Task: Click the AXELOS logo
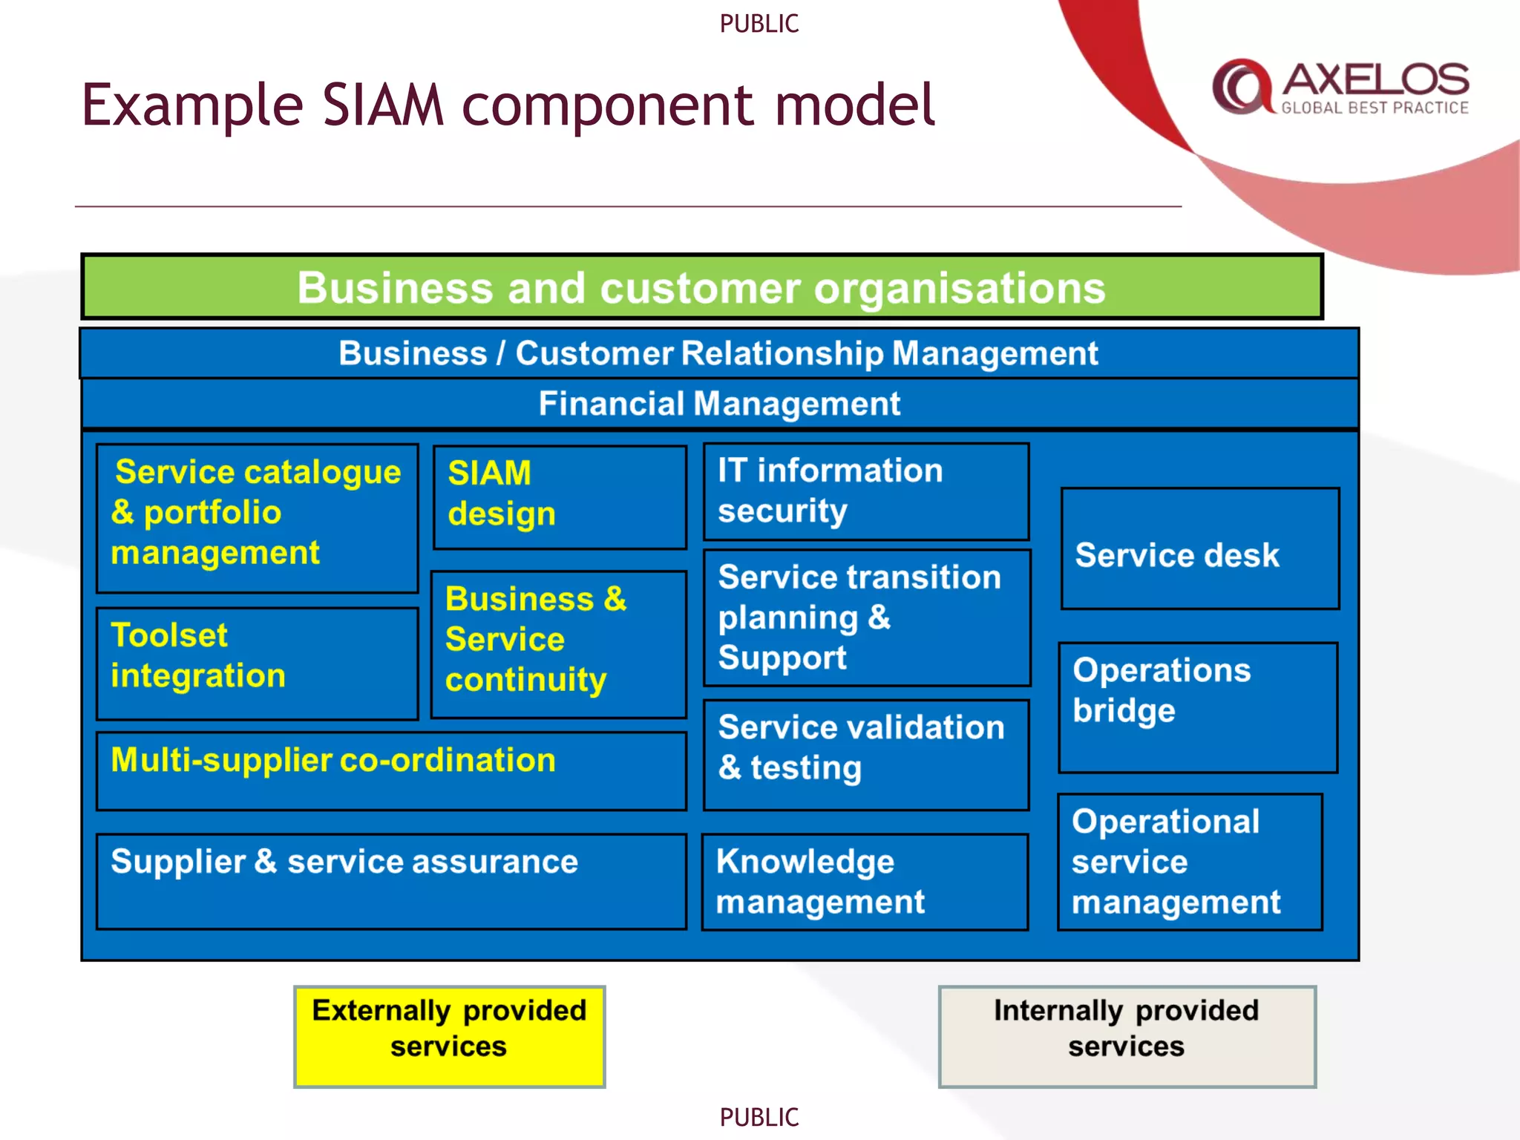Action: tap(1340, 88)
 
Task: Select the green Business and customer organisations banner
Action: tap(701, 287)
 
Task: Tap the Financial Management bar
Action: tap(718, 404)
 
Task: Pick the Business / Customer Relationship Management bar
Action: tap(718, 353)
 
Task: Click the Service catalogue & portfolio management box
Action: tap(257, 517)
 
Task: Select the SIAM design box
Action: tap(560, 497)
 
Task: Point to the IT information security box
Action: tap(865, 491)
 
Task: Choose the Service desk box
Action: tap(1199, 549)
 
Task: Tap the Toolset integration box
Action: tap(257, 663)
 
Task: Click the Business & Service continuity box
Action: tap(558, 643)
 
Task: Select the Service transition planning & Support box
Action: tap(866, 617)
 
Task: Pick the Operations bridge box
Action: tap(1197, 707)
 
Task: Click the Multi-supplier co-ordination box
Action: tap(390, 770)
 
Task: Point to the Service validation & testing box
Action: tap(865, 754)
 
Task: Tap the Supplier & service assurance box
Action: tap(390, 881)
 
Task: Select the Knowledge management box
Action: tap(865, 882)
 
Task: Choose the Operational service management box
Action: tap(1189, 862)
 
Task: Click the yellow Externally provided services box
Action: tap(449, 1036)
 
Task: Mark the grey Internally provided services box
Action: tap(1126, 1036)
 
